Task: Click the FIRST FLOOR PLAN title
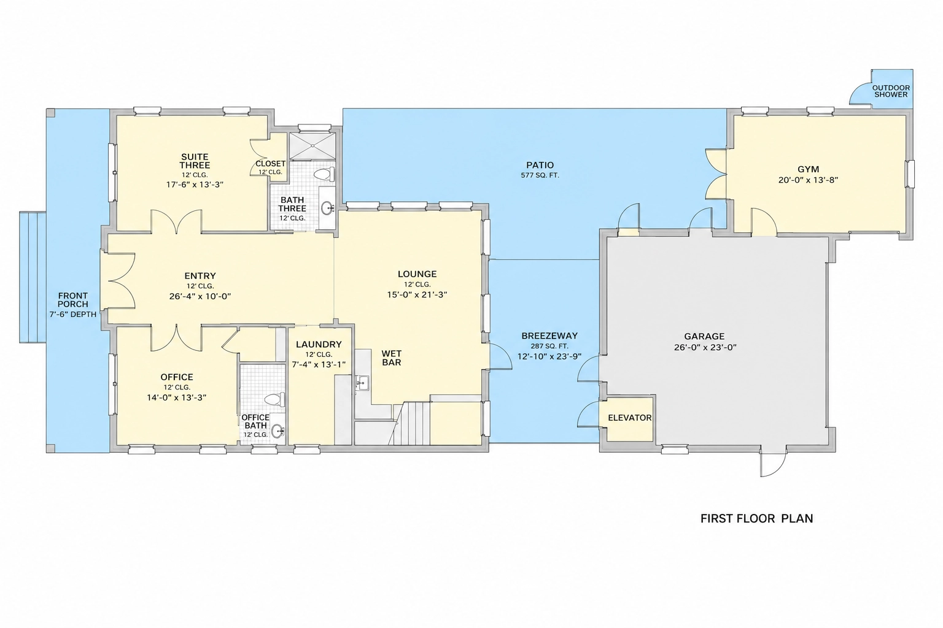(756, 518)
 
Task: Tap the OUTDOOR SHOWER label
(891, 91)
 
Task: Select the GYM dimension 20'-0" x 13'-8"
(809, 180)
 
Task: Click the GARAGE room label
(704, 337)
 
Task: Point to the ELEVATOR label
(630, 418)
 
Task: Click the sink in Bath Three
(327, 207)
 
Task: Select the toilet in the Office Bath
(275, 400)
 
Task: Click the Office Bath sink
(277, 431)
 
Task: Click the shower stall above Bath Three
(312, 146)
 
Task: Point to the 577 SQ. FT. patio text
(540, 175)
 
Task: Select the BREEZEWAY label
(549, 336)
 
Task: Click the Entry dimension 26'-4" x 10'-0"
(200, 296)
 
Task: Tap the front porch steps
(33, 277)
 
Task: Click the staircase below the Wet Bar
(412, 423)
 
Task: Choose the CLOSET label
(270, 164)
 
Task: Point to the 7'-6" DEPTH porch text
(73, 314)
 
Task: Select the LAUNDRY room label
(319, 345)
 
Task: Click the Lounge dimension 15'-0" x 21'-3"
(417, 295)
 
